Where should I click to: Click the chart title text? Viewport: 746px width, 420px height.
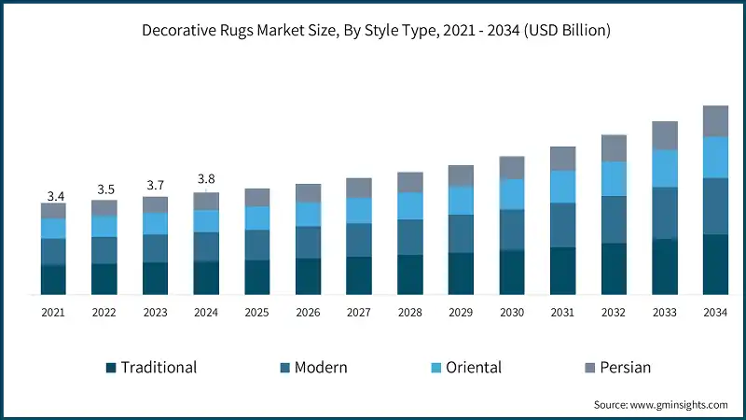coord(376,31)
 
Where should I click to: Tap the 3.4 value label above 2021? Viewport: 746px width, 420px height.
coord(56,196)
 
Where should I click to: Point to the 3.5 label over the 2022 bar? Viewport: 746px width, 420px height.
coord(104,190)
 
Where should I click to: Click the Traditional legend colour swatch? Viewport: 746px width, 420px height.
coord(111,368)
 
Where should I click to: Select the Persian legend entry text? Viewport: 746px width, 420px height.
coord(626,368)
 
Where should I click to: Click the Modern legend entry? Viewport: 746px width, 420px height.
coord(321,368)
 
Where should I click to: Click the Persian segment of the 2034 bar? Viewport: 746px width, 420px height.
coord(715,121)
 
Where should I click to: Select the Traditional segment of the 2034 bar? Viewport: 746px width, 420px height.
coord(715,264)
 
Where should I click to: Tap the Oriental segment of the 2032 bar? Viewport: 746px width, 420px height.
coord(614,178)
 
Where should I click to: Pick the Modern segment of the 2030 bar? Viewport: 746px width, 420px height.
coord(512,230)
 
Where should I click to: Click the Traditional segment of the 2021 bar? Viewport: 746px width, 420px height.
coord(53,280)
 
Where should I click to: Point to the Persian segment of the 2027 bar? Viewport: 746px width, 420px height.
coord(359,188)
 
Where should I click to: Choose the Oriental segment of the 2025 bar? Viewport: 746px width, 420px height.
coord(257,217)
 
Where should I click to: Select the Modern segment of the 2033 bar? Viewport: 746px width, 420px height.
coord(664,213)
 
